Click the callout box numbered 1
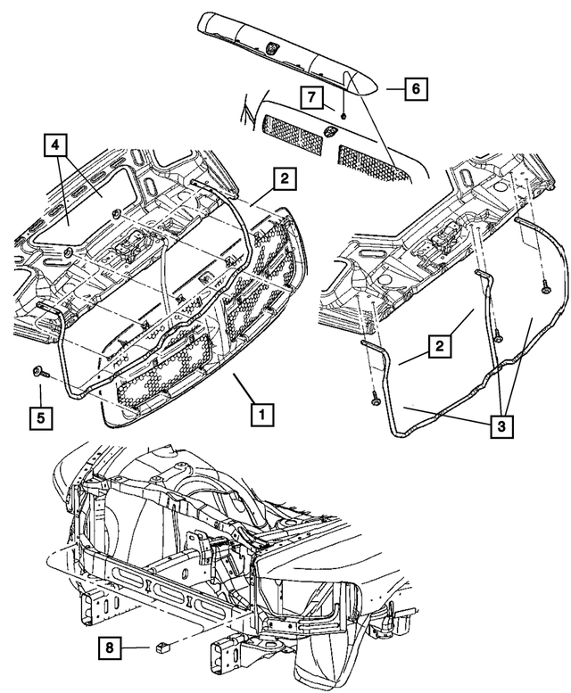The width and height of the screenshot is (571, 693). [x=261, y=414]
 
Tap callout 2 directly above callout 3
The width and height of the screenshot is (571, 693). [x=438, y=344]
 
